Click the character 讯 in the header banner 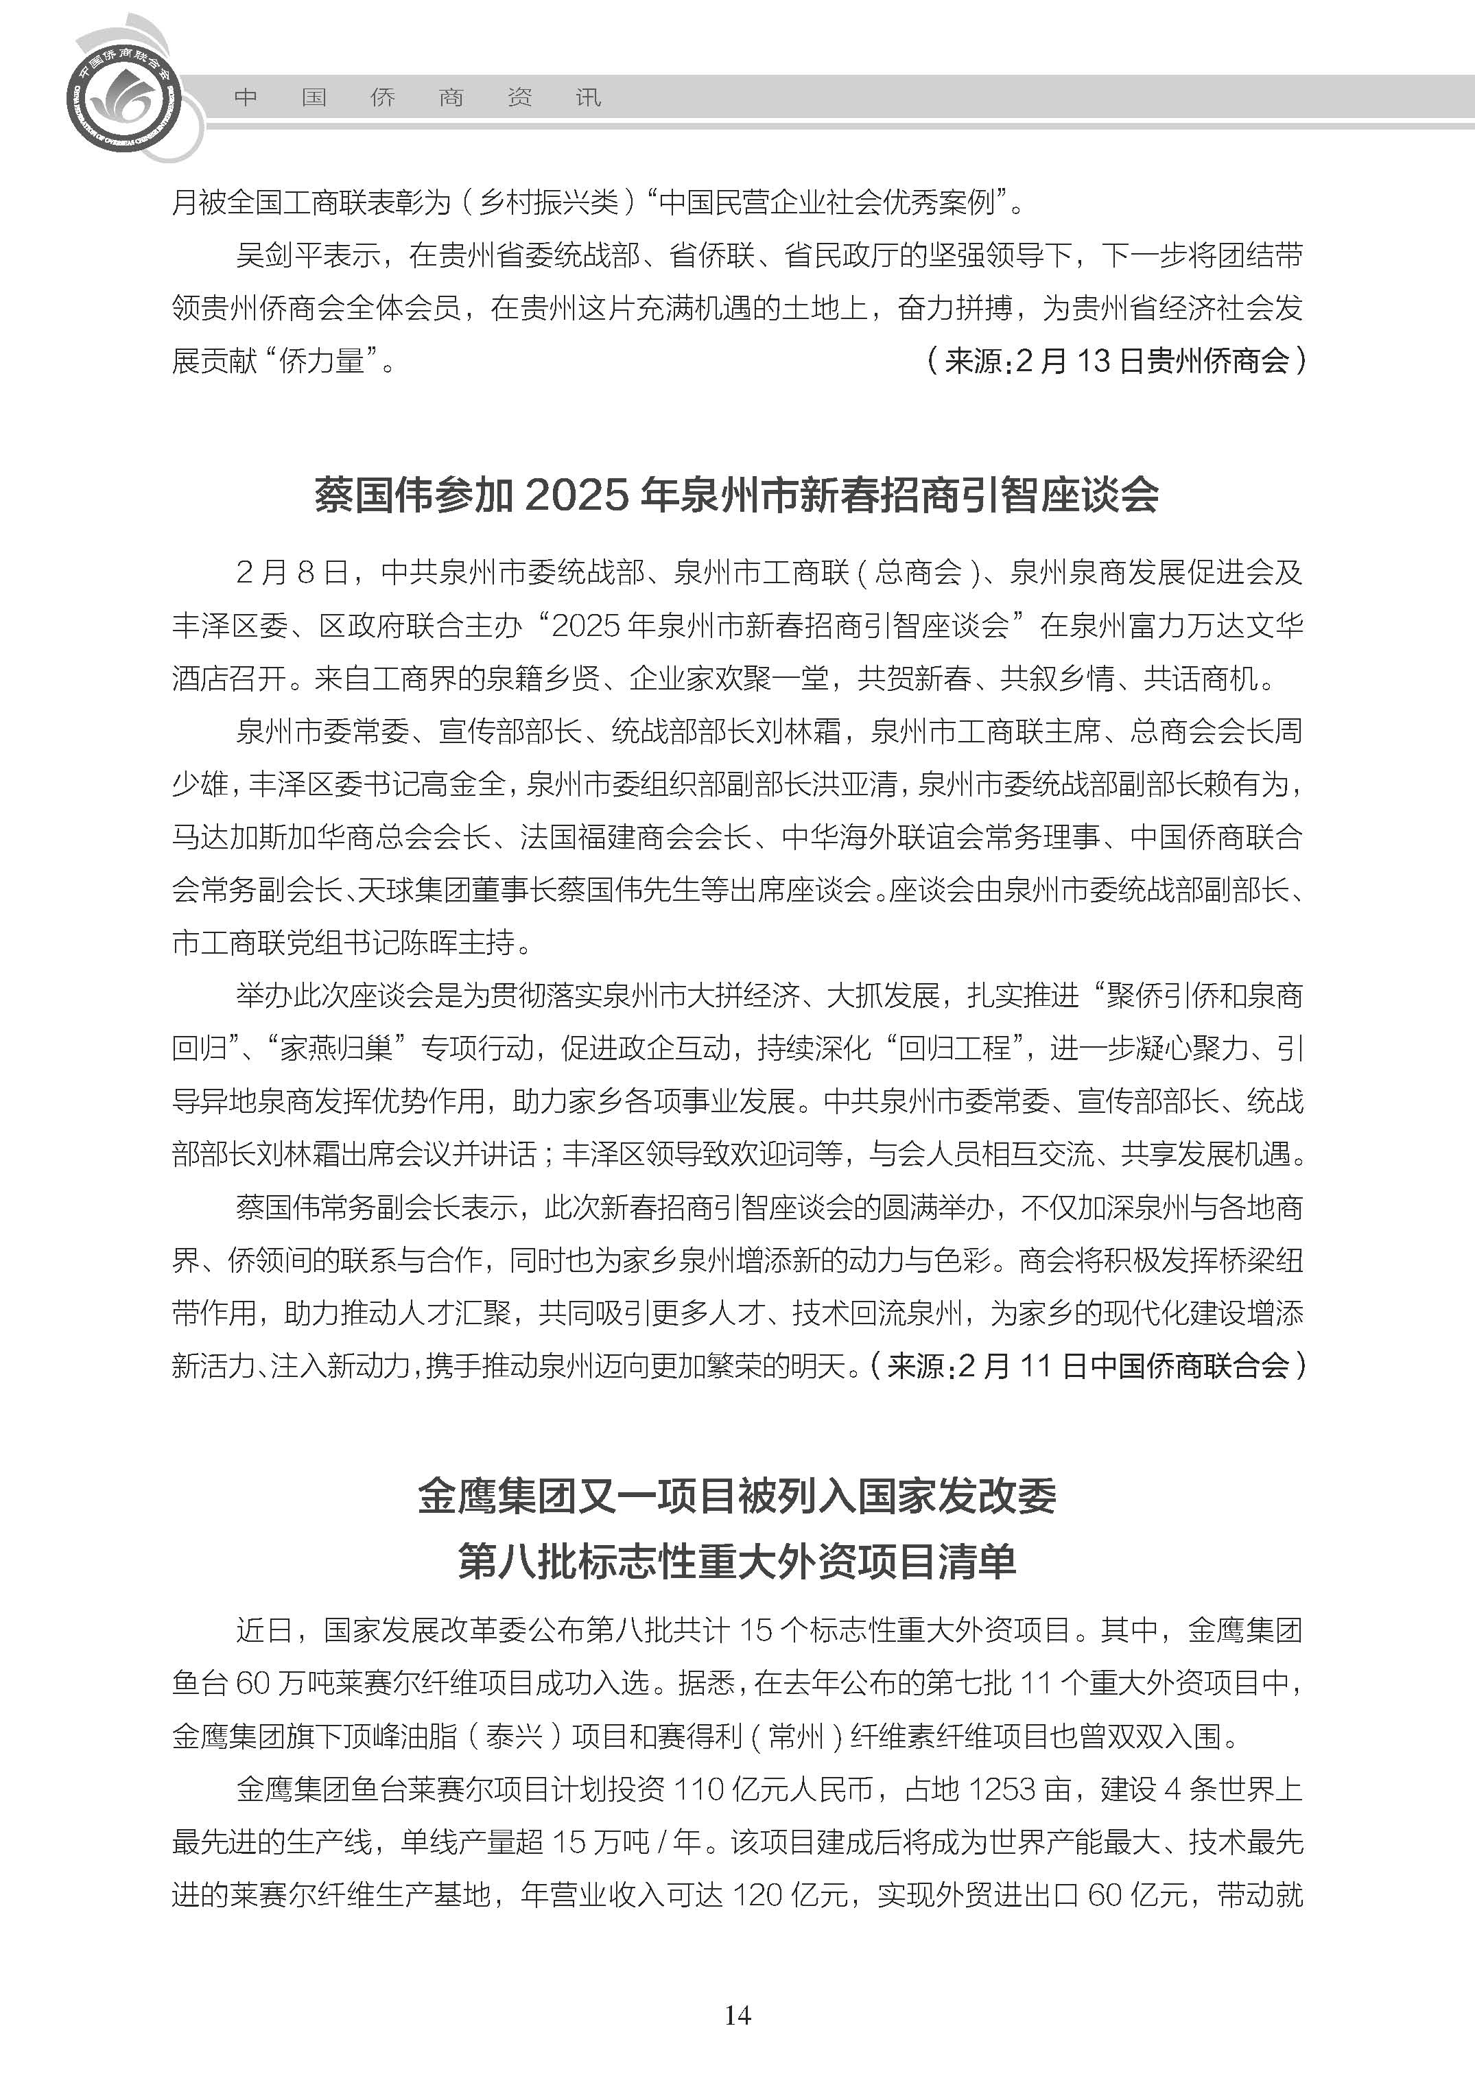click(x=589, y=98)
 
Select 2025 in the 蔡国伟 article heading click(x=577, y=496)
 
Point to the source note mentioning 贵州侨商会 click(x=1116, y=362)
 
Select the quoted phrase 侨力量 click(x=322, y=362)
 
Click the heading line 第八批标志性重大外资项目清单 click(x=737, y=1561)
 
